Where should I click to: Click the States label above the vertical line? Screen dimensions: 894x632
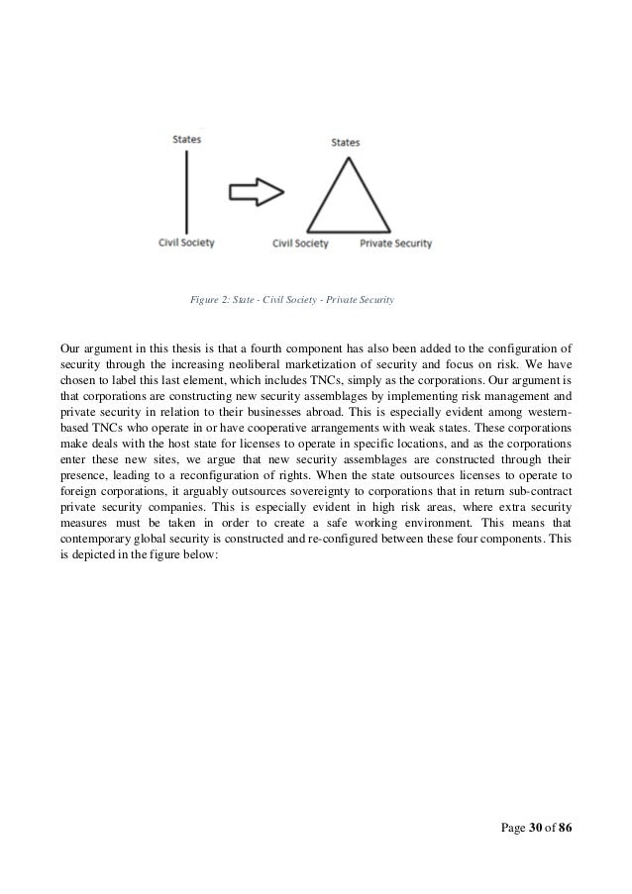(187, 140)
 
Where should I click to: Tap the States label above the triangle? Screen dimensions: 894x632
(345, 143)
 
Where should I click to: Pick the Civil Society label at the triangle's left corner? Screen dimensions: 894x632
(299, 242)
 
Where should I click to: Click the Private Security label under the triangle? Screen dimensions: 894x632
(395, 242)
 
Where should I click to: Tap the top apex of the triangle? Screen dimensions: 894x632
(345, 159)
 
